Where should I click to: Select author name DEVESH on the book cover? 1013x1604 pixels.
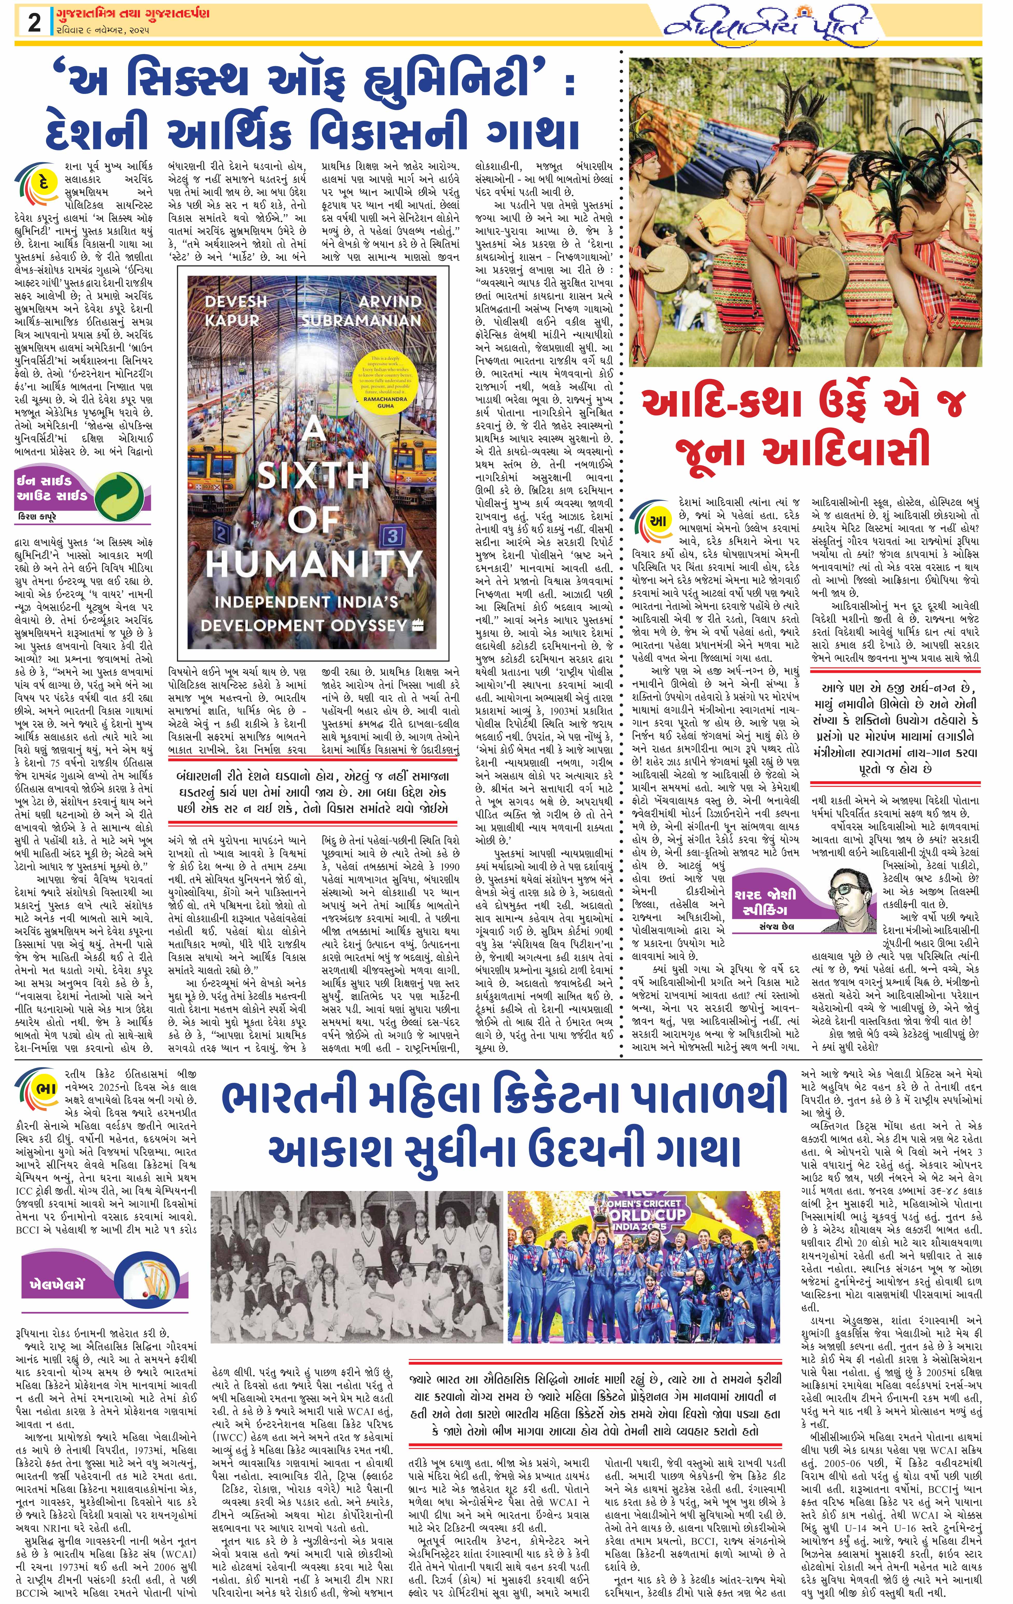pos(235,302)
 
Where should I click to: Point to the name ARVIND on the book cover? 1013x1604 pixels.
pos(390,302)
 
